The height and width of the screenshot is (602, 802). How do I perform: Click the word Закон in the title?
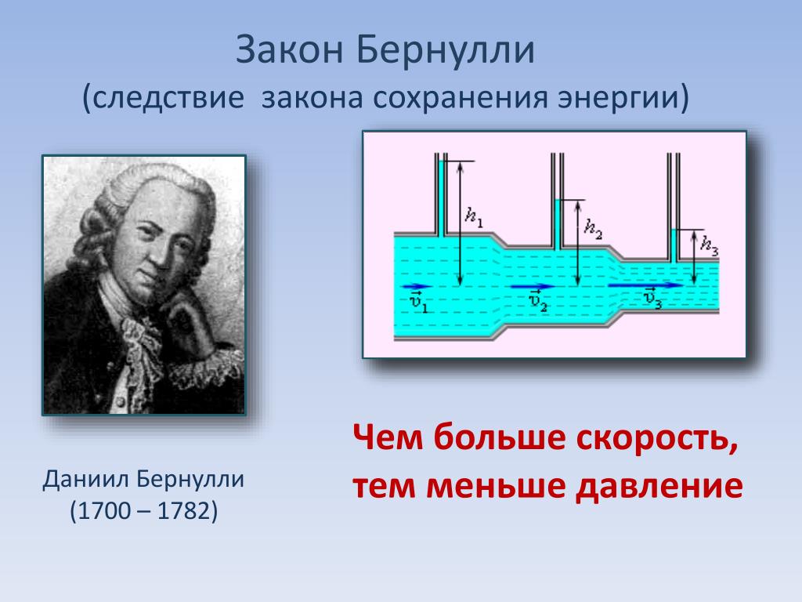click(290, 49)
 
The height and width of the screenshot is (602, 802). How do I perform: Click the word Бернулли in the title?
click(446, 49)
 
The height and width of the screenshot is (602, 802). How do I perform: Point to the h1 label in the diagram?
click(474, 217)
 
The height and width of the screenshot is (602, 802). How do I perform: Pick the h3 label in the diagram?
click(710, 245)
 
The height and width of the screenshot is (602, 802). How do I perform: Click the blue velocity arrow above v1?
click(417, 287)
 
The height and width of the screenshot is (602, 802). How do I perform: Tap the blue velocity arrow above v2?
click(533, 287)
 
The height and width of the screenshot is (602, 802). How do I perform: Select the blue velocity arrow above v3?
click(645, 285)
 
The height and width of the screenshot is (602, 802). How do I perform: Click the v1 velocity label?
click(419, 302)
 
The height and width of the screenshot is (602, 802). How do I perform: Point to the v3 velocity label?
click(652, 299)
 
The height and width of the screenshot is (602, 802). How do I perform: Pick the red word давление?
click(659, 486)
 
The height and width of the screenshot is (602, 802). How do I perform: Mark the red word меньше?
click(496, 486)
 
